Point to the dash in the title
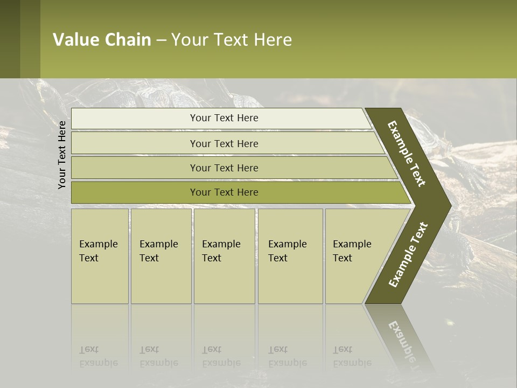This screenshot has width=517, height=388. click(x=161, y=40)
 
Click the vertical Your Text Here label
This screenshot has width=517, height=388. click(x=62, y=155)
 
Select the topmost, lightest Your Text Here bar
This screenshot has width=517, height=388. click(x=224, y=118)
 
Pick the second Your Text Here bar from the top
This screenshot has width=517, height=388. click(x=224, y=143)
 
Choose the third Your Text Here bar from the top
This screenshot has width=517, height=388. click(x=224, y=168)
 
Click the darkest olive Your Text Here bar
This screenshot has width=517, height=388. click(x=224, y=192)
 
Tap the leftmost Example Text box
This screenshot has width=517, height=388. click(x=100, y=256)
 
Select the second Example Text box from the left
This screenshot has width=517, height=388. click(x=160, y=256)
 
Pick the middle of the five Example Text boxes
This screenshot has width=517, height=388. click(x=224, y=256)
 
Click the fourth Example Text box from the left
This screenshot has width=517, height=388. click(x=290, y=256)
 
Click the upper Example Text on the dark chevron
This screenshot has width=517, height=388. click(x=407, y=154)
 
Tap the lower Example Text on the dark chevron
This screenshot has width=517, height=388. click(x=408, y=254)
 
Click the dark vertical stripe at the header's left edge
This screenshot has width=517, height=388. click(x=10, y=39)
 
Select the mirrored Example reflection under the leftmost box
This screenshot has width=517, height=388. click(x=99, y=363)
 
